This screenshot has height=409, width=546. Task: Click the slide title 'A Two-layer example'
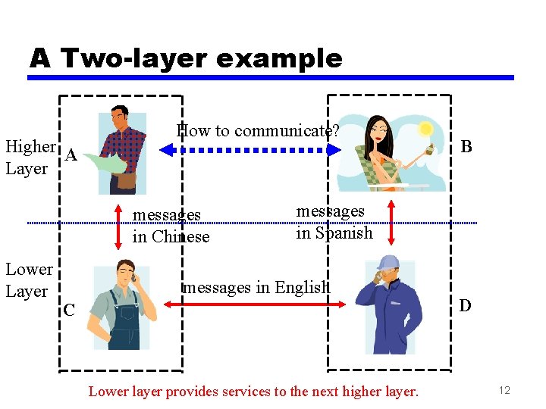click(x=186, y=58)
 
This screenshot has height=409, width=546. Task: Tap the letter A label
click(x=71, y=155)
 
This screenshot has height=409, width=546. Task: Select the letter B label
click(x=466, y=145)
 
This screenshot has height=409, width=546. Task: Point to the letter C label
click(x=69, y=310)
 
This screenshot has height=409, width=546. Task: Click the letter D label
click(x=465, y=305)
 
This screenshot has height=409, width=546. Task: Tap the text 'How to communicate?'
click(x=257, y=130)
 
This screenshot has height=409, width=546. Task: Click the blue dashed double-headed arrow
click(x=251, y=151)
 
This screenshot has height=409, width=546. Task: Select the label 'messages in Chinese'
click(x=171, y=226)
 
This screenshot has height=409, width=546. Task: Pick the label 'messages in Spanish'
click(x=334, y=222)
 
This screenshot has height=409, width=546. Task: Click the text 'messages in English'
click(x=257, y=287)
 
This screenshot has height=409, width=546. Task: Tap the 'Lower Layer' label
click(x=29, y=280)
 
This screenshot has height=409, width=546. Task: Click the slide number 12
click(x=505, y=389)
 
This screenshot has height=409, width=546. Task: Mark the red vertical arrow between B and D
click(x=391, y=222)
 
